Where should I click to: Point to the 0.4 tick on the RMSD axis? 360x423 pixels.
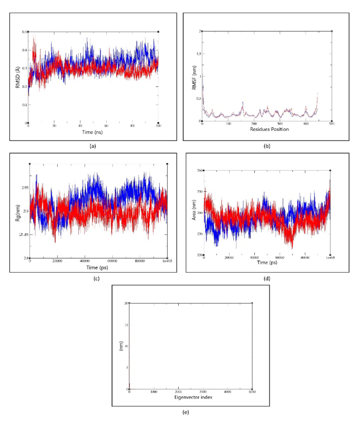pos(24,50)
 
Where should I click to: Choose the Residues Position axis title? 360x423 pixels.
pos(267,129)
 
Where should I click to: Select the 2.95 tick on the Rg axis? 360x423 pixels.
pos(24,188)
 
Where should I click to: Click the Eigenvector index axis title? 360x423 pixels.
pos(191,398)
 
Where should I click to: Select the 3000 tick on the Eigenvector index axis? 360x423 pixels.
pos(203,392)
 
